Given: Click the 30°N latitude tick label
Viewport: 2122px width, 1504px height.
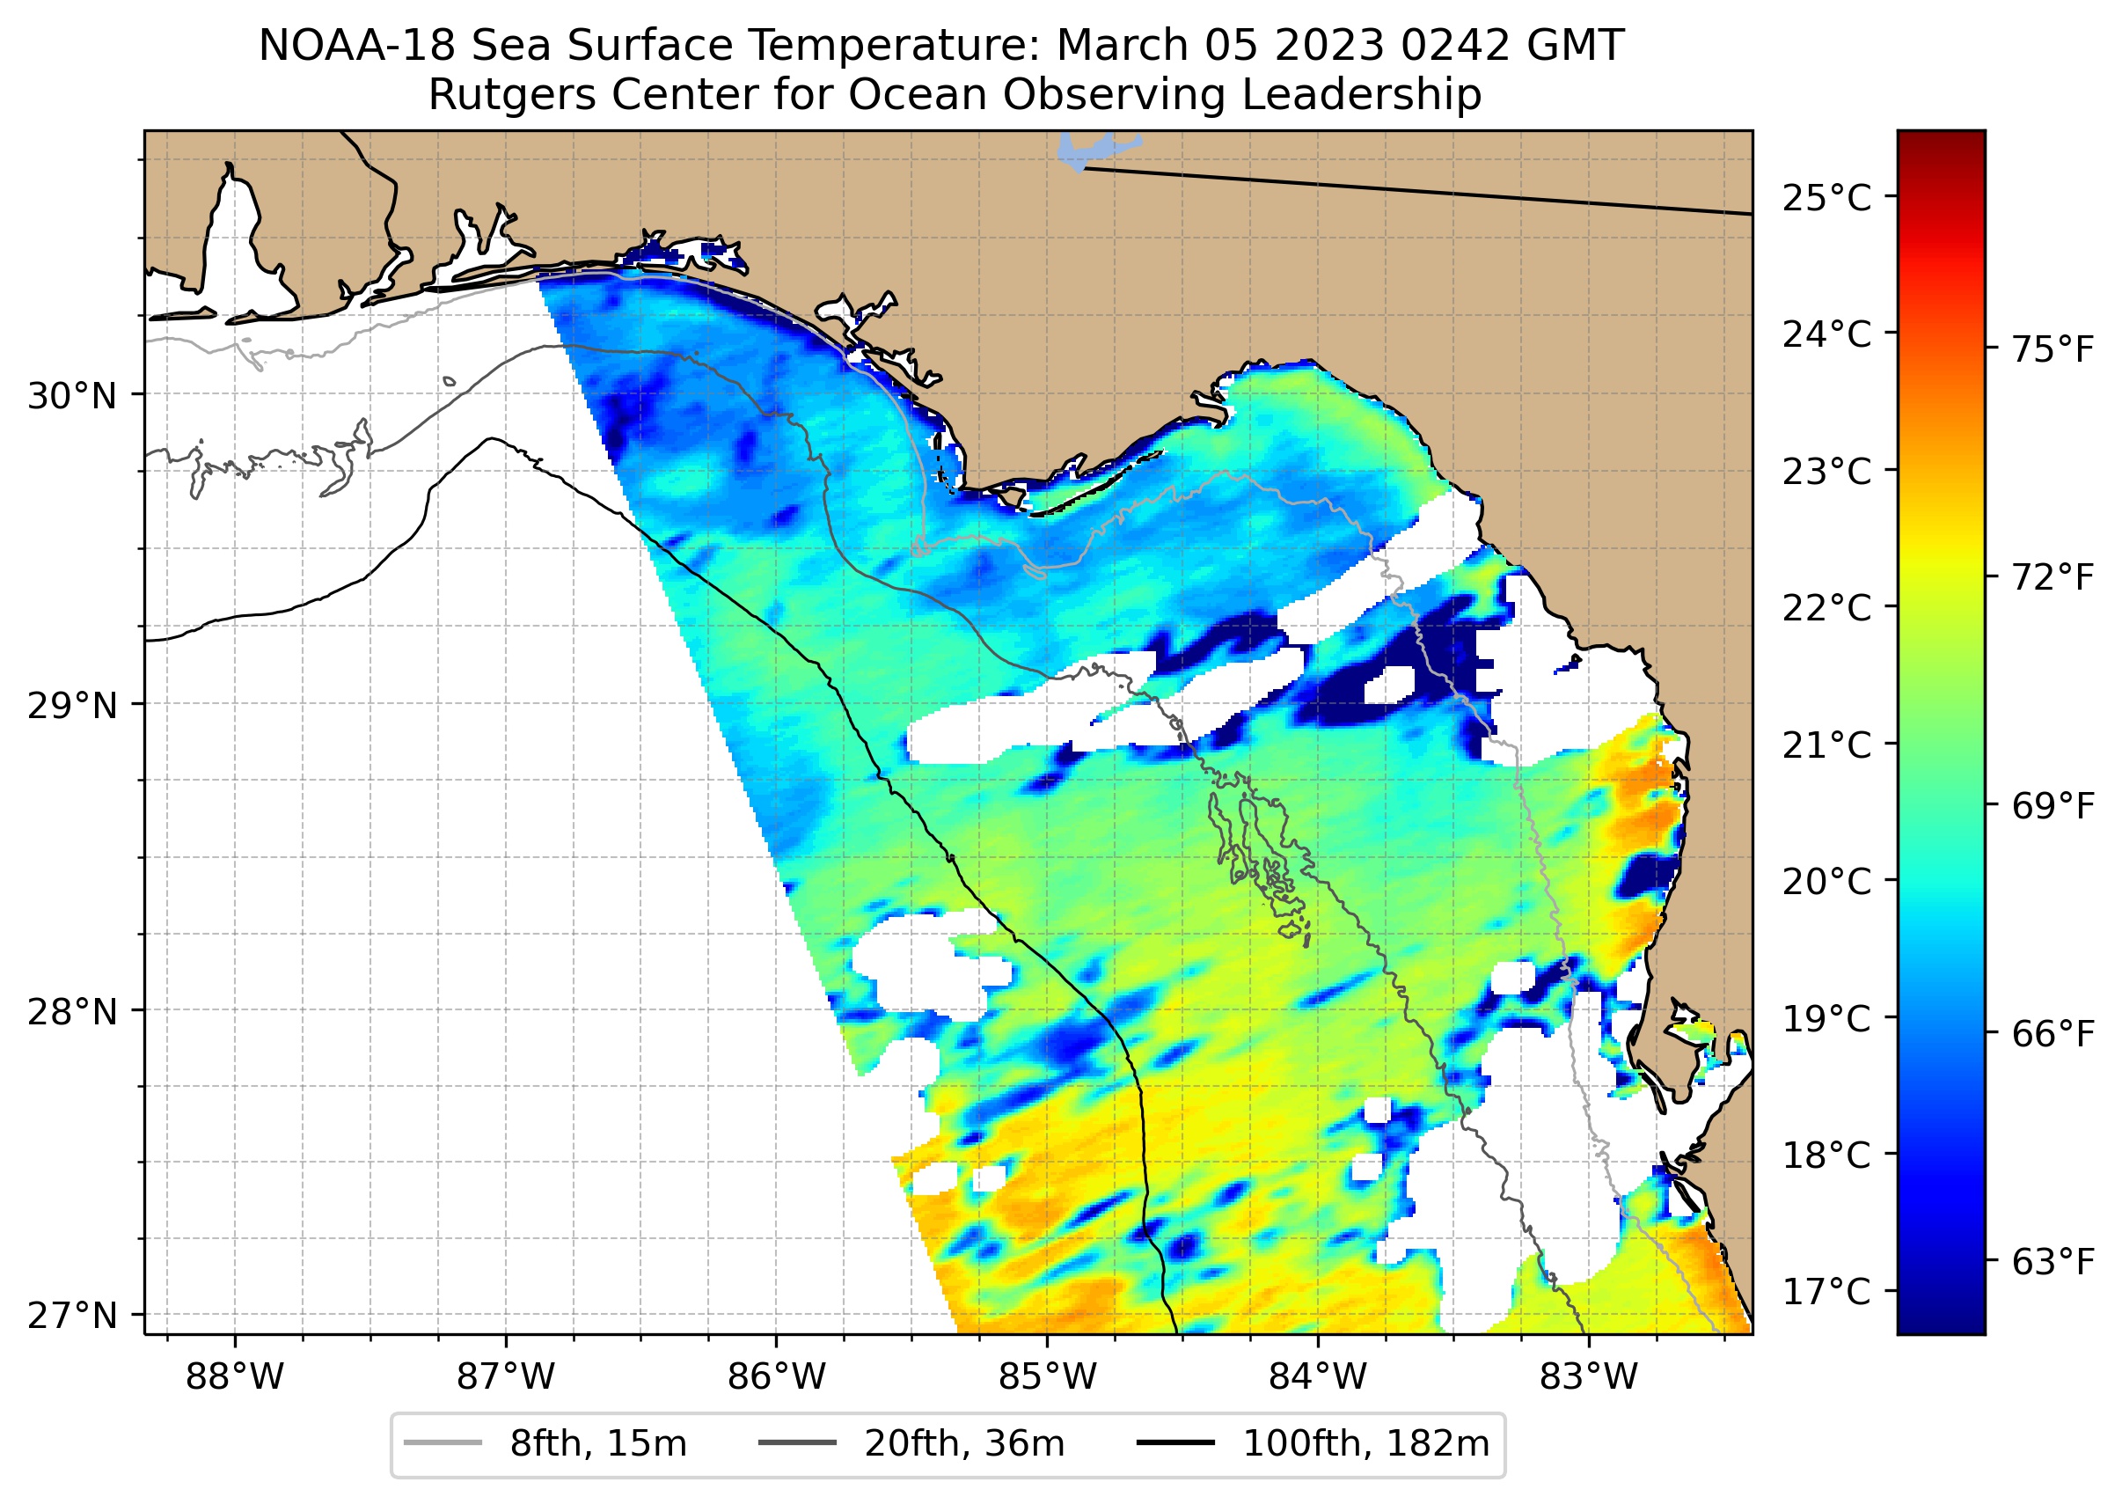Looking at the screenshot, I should pyautogui.click(x=72, y=396).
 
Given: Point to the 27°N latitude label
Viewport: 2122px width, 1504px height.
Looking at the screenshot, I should pyautogui.click(x=72, y=1316).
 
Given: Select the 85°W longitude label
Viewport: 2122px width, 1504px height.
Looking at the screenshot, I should pyautogui.click(x=1047, y=1377).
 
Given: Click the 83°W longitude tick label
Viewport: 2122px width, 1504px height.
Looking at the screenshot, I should pyautogui.click(x=1589, y=1377).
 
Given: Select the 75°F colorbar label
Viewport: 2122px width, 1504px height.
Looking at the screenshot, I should pyautogui.click(x=2052, y=350).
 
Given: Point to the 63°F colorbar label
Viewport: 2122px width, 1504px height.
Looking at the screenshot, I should pyautogui.click(x=2052, y=1261).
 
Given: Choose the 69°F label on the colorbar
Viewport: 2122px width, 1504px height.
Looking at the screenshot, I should pyautogui.click(x=2052, y=806).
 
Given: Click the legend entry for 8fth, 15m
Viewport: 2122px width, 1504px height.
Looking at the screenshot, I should pyautogui.click(x=597, y=1444).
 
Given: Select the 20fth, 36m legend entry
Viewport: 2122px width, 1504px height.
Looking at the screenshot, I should pyautogui.click(x=964, y=1444).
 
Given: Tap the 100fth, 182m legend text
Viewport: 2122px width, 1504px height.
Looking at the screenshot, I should pyautogui.click(x=1365, y=1444).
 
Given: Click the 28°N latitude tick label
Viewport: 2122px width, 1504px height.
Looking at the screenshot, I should pyautogui.click(x=72, y=1012).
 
